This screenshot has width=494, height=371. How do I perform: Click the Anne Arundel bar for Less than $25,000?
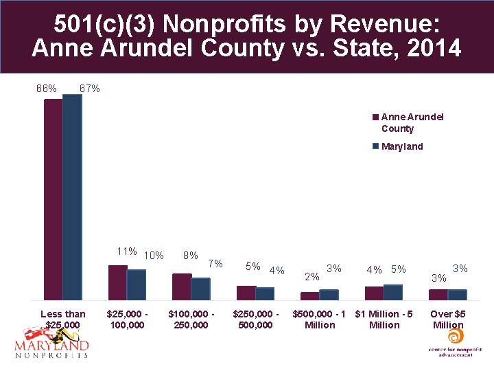pos(53,199)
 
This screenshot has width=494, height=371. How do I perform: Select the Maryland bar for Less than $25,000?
pos(72,197)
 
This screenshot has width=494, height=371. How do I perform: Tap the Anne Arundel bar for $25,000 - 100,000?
pos(117,282)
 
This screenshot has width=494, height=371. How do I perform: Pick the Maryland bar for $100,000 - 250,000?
pos(200,289)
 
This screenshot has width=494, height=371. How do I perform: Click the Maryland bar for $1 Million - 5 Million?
pos(393,292)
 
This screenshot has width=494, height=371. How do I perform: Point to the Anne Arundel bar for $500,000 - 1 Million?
pos(309,296)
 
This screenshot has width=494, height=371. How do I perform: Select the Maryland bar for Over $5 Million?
pos(457,295)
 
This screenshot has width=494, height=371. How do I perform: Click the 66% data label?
pos(47,89)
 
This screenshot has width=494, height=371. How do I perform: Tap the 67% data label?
pos(90,89)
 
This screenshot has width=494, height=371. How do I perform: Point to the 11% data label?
pos(128,251)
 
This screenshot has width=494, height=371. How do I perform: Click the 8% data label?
pos(191,255)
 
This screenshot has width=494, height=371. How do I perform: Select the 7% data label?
pos(215,263)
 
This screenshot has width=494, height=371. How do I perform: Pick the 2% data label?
pos(311,277)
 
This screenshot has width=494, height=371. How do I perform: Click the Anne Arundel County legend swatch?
pos(376,117)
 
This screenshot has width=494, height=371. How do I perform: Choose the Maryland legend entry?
pos(402,146)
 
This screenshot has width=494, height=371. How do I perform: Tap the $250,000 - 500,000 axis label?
pos(256,319)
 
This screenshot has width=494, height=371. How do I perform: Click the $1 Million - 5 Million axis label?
pos(384,319)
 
